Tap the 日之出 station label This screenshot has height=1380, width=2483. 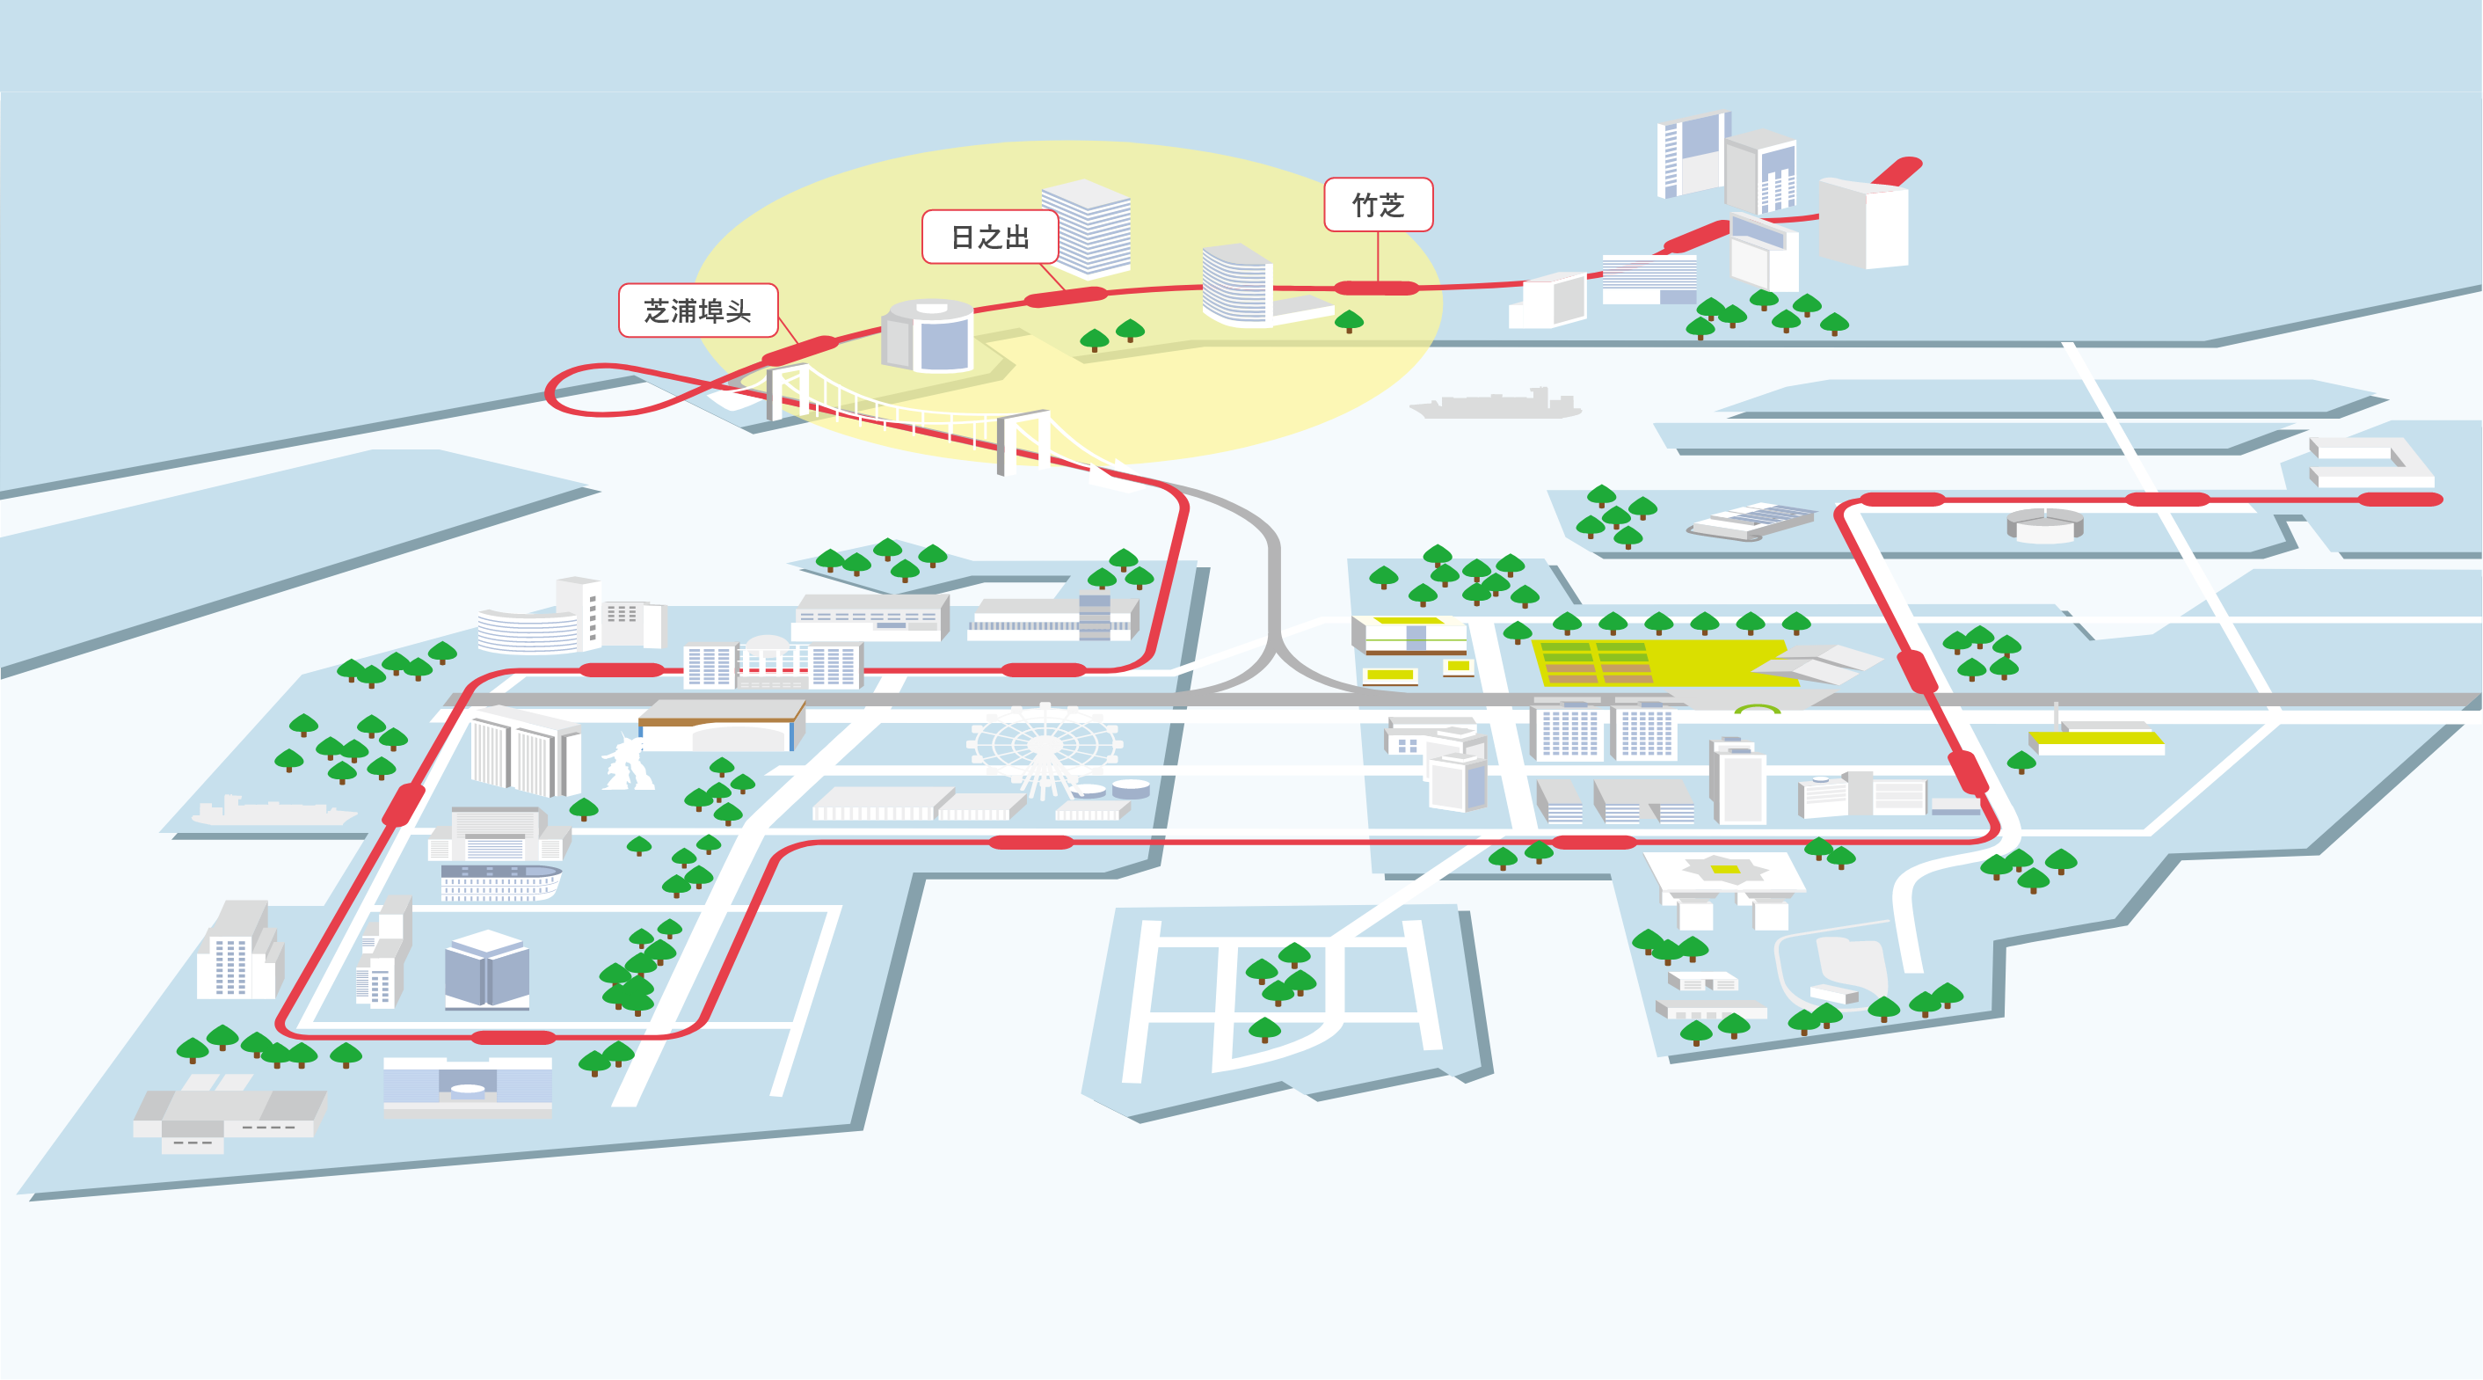click(990, 237)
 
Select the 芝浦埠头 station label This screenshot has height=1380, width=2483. click(698, 310)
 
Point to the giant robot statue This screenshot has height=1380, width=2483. click(628, 761)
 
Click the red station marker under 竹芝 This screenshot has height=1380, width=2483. click(1376, 288)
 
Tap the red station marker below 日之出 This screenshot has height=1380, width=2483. click(1066, 296)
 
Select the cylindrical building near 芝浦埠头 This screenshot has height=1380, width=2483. click(928, 336)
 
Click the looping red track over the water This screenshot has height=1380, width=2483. click(627, 390)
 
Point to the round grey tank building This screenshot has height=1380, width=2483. click(2045, 524)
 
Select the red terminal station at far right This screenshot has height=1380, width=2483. click(2400, 499)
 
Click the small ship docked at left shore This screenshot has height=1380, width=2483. click(274, 811)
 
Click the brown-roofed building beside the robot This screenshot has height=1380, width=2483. click(721, 726)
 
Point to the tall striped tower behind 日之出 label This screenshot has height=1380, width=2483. click(1088, 228)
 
